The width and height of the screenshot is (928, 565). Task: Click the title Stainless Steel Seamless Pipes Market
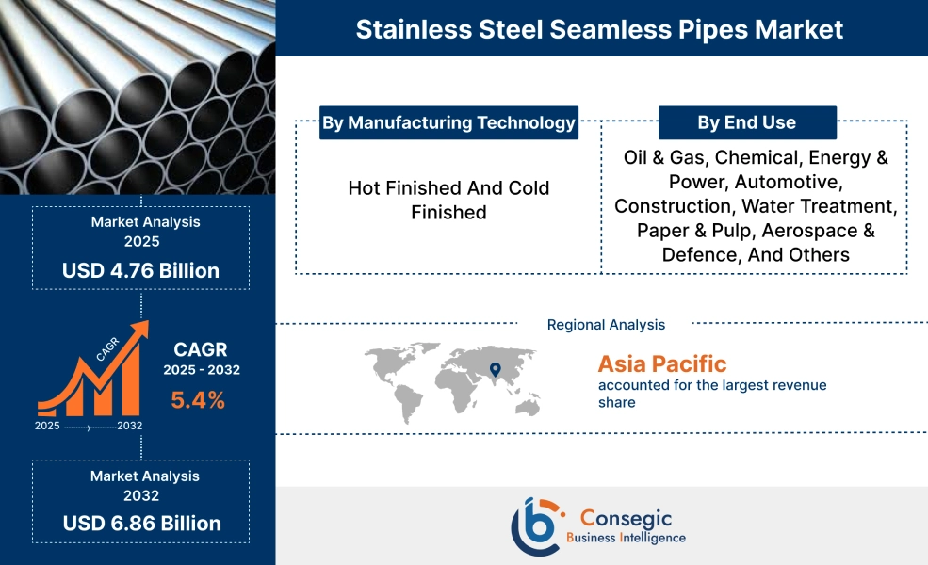599,29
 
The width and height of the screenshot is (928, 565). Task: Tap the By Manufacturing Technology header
448,122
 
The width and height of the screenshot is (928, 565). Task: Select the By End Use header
746,122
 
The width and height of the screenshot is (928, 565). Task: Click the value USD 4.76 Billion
140,271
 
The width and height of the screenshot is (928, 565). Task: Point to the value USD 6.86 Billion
141,524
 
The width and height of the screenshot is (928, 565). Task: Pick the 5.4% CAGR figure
198,400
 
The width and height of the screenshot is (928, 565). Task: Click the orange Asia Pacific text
662,363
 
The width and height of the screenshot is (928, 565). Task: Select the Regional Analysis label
606,325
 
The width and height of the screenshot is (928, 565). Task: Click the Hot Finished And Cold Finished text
448,201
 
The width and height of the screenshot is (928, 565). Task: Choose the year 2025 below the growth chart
47,426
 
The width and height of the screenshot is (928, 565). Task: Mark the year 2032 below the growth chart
131,426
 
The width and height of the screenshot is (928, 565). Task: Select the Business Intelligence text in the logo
626,538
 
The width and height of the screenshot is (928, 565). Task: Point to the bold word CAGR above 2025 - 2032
201,349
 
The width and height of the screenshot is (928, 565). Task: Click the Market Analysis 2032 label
140,486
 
